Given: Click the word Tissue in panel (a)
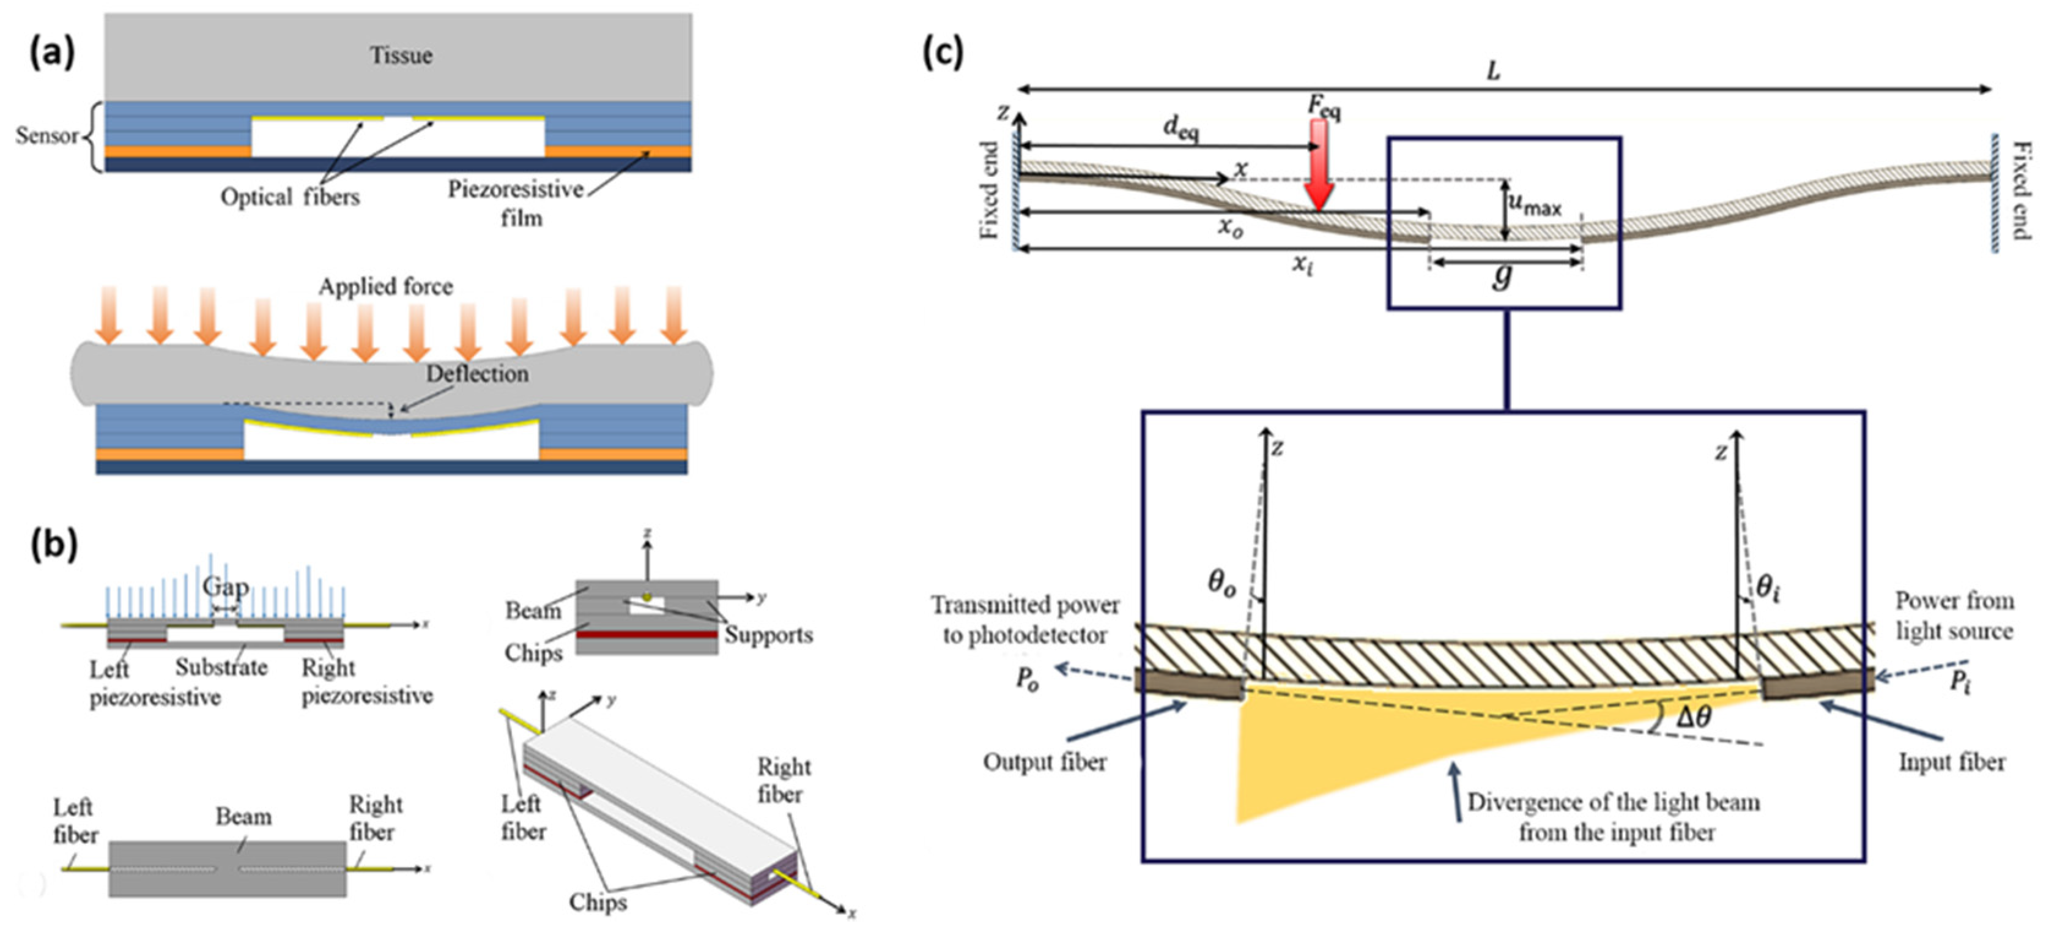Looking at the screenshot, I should click(x=401, y=56).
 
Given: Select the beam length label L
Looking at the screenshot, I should click(x=1494, y=72).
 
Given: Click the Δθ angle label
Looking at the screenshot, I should click(x=1692, y=717).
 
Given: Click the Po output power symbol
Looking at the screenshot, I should click(x=1027, y=681).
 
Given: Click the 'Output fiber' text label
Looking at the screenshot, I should click(x=1045, y=762).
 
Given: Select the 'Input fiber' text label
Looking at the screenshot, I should click(x=1951, y=762).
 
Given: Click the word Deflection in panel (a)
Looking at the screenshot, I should click(x=476, y=373).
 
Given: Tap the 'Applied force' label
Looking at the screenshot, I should click(x=386, y=286).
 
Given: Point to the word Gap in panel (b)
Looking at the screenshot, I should click(x=225, y=587).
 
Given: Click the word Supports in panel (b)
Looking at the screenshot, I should click(x=768, y=635).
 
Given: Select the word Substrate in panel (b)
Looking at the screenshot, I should click(x=221, y=667).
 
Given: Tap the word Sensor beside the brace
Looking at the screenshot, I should click(x=46, y=136).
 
